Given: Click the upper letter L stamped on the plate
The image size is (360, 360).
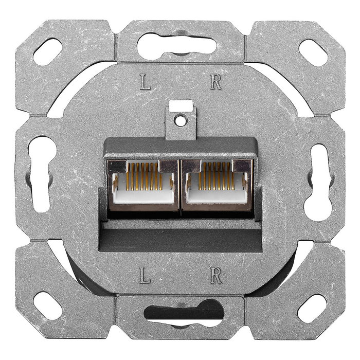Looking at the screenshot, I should [x=146, y=82].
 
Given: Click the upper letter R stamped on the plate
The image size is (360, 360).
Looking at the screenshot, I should [x=216, y=82].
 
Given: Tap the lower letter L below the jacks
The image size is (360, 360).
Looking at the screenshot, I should [x=146, y=277].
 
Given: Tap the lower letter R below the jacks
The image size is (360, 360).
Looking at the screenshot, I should [x=216, y=277].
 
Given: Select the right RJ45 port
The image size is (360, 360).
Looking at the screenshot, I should [x=217, y=185].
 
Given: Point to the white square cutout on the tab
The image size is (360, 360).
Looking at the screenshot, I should [x=181, y=106].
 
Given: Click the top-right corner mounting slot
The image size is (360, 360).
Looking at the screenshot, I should [x=313, y=52].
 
